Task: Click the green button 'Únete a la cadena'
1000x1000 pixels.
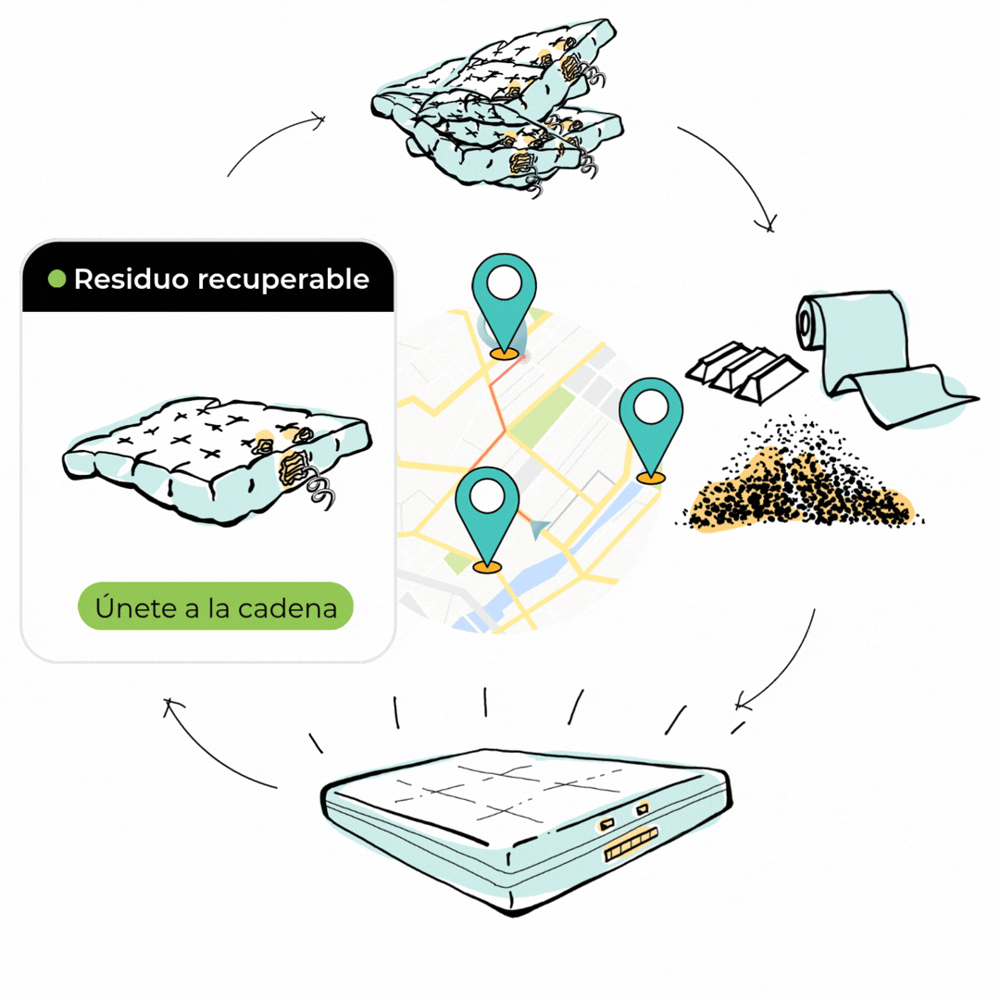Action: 216,606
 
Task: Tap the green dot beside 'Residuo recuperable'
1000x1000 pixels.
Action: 56,279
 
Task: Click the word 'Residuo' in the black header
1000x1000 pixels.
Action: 131,279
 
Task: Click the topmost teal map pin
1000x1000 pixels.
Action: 504,305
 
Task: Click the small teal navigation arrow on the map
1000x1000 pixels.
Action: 539,528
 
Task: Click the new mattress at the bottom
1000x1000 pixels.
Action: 526,829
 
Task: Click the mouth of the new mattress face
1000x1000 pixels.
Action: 631,844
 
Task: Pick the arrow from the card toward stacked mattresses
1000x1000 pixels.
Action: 268,137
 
